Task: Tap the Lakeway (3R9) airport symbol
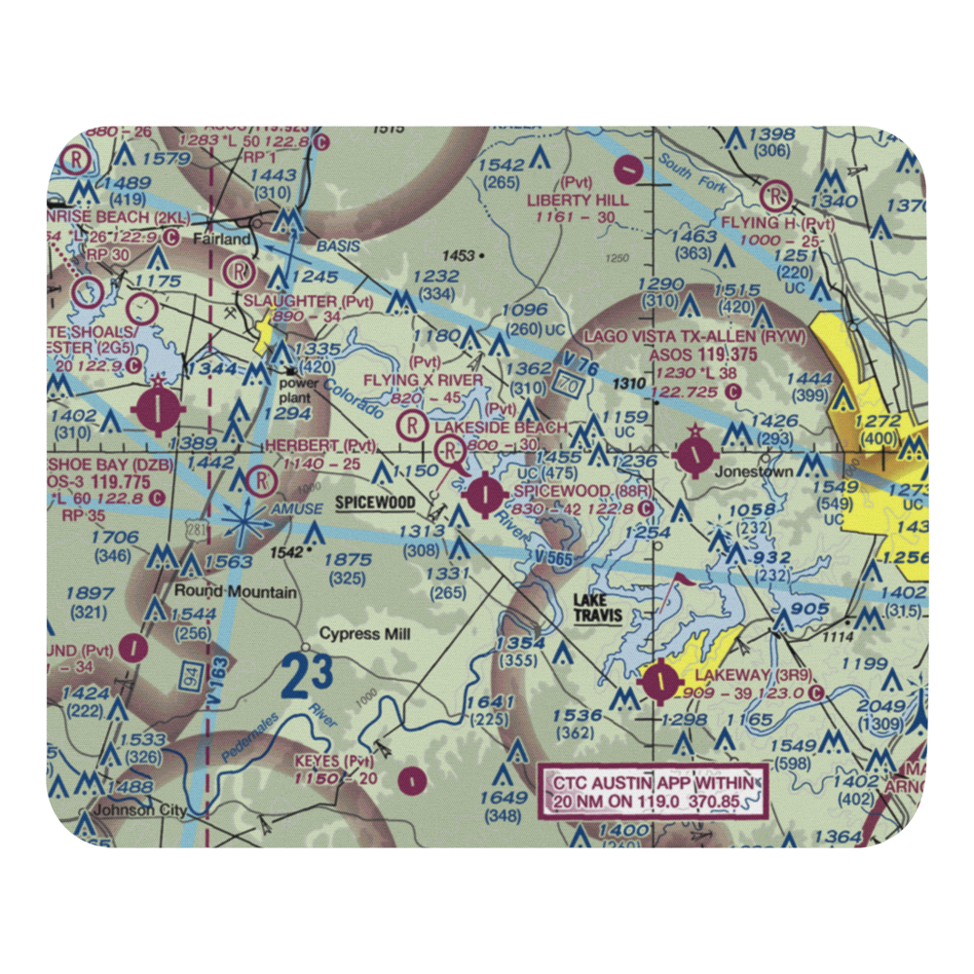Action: coord(661,681)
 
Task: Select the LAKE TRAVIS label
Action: coord(598,609)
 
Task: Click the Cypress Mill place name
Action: coord(366,634)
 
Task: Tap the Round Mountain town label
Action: coord(236,591)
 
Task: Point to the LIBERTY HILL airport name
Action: coord(579,199)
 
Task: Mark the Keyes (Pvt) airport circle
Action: coord(413,779)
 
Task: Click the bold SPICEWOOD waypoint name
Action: coord(376,503)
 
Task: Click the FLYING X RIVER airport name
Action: coord(423,379)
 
